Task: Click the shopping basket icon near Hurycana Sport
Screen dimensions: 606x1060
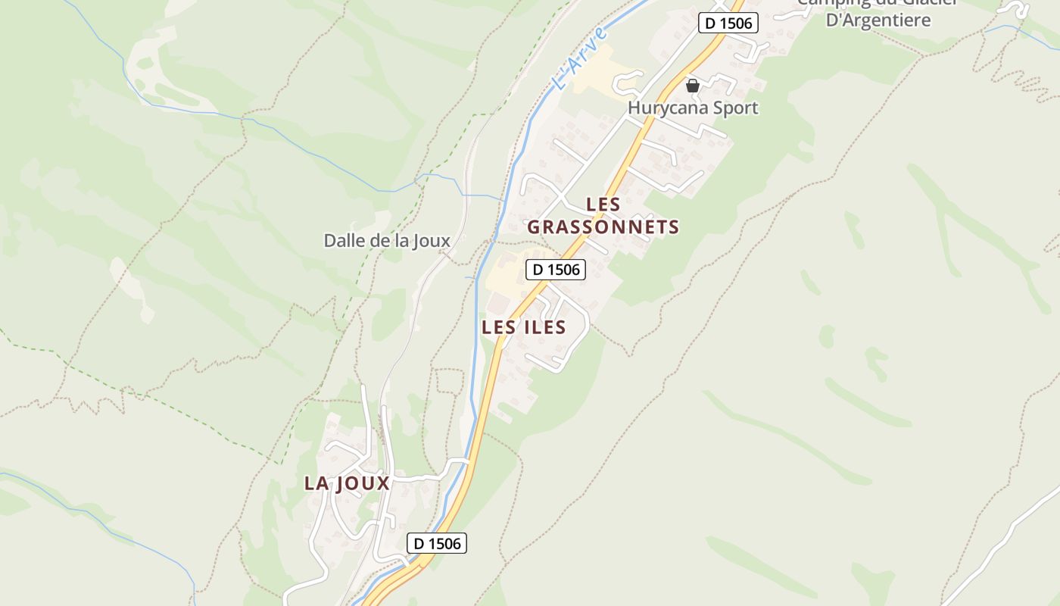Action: tap(692, 86)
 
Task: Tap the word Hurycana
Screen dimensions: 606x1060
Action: tap(668, 108)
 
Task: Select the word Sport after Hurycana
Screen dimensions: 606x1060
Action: tap(734, 108)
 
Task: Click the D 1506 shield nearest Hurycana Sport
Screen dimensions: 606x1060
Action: tap(728, 23)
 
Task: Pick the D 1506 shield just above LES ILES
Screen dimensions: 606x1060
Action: tap(556, 269)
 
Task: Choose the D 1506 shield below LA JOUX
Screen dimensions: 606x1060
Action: tap(437, 543)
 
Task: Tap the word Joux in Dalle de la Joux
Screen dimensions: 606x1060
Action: tap(432, 241)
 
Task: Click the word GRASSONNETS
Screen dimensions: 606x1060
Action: tap(603, 227)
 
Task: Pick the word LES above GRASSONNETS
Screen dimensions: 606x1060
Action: tap(603, 205)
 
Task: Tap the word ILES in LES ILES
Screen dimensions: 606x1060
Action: tap(544, 327)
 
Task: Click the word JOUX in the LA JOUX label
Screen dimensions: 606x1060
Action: tap(361, 483)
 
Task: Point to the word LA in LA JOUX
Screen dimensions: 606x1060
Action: tap(316, 483)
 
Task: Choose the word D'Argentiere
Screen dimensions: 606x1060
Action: tap(878, 20)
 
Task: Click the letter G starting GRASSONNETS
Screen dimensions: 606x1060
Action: tap(534, 227)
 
